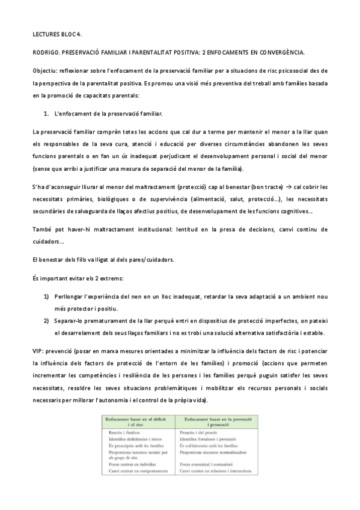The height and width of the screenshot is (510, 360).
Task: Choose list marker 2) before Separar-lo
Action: (46, 321)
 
